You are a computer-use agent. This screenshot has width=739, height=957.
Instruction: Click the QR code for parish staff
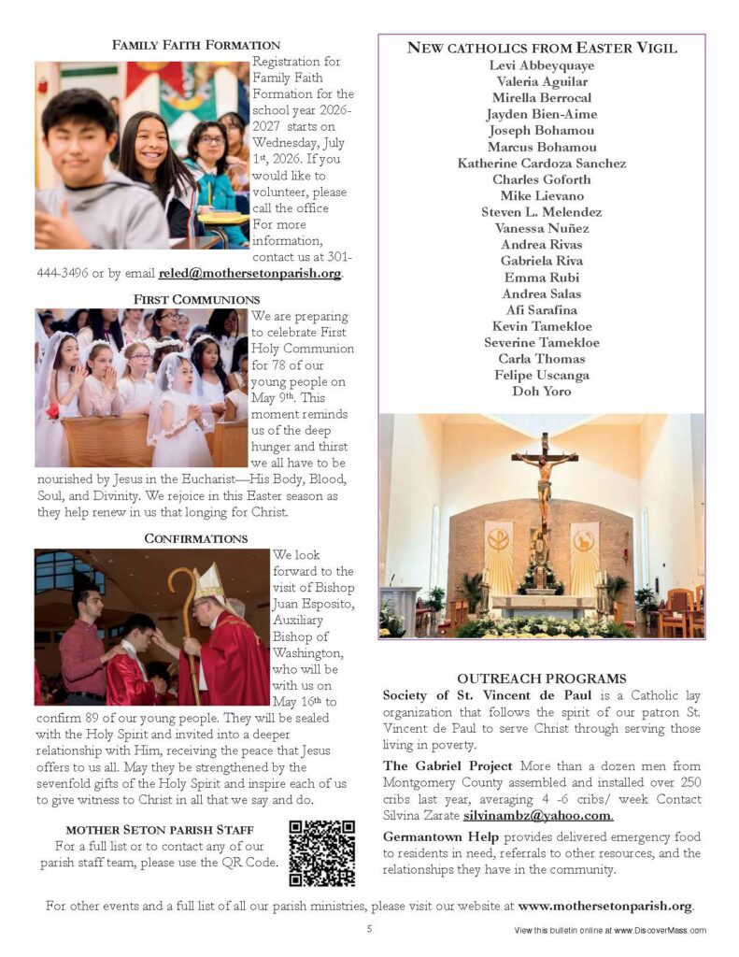(321, 852)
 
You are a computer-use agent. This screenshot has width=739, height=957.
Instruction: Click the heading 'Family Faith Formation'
(196, 45)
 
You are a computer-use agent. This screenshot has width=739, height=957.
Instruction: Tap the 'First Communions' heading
(196, 299)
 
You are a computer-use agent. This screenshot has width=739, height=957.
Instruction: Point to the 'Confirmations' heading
(196, 538)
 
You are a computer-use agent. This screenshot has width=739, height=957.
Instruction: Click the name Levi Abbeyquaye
(541, 65)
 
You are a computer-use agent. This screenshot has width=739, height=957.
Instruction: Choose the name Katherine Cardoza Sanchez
(541, 164)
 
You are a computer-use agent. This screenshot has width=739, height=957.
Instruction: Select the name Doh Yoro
(541, 392)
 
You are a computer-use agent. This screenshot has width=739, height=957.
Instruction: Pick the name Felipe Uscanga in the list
(541, 375)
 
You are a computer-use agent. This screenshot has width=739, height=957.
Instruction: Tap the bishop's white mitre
(210, 581)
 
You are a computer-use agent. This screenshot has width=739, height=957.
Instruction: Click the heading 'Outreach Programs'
(541, 678)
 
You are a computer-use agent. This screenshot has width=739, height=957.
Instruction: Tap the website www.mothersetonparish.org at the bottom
(605, 906)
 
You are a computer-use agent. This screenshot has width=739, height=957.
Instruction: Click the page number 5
(369, 929)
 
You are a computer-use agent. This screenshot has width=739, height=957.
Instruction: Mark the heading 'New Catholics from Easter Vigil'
(541, 48)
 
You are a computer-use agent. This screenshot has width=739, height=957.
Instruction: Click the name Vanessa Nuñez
(541, 228)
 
